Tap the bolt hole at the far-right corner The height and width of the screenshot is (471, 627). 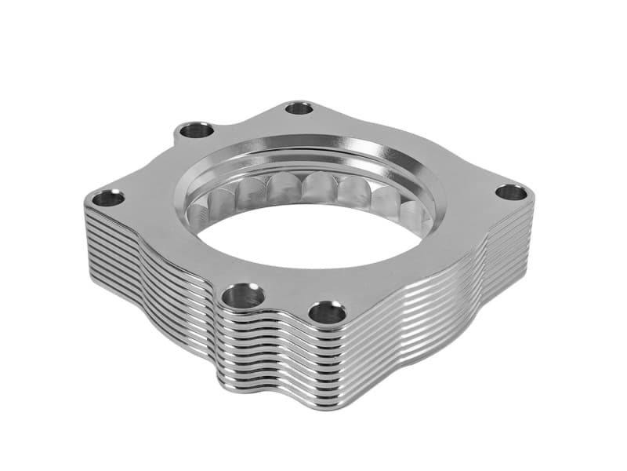point(512,192)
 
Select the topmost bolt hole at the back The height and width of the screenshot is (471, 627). point(299,108)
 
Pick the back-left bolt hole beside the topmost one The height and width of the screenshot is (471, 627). point(196,130)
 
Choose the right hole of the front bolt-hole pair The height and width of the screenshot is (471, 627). point(328,313)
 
